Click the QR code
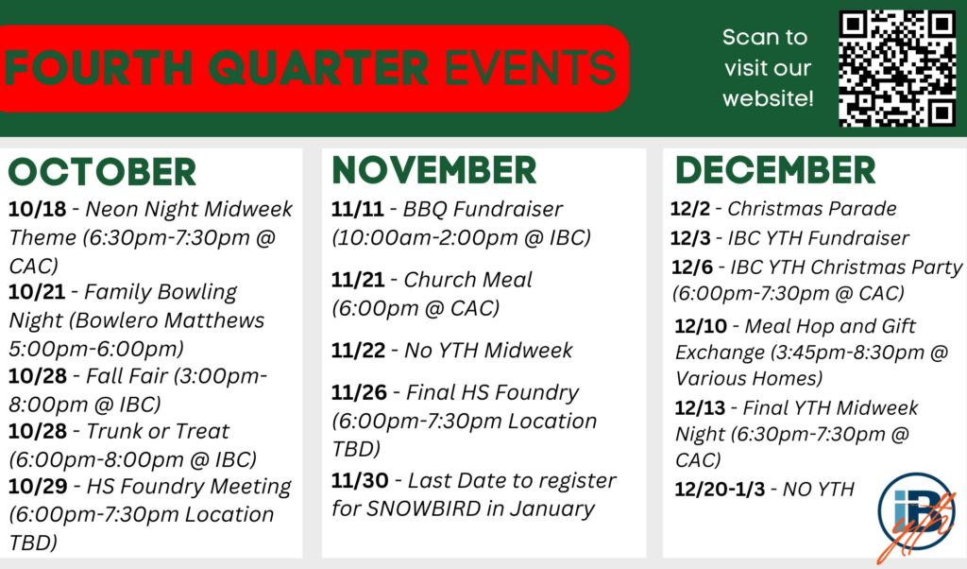point(897,68)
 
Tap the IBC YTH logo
point(916,517)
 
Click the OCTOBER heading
point(102,172)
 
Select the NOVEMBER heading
point(434,170)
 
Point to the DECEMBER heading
point(775,170)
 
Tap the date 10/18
point(37,209)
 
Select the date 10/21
point(37,291)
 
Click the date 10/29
point(38,487)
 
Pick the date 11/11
point(358,209)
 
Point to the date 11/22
point(358,351)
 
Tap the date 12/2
point(690,209)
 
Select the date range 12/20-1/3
point(720,490)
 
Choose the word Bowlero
point(115,320)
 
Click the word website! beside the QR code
point(769,98)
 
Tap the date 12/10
point(701,326)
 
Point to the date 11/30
point(360,480)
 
